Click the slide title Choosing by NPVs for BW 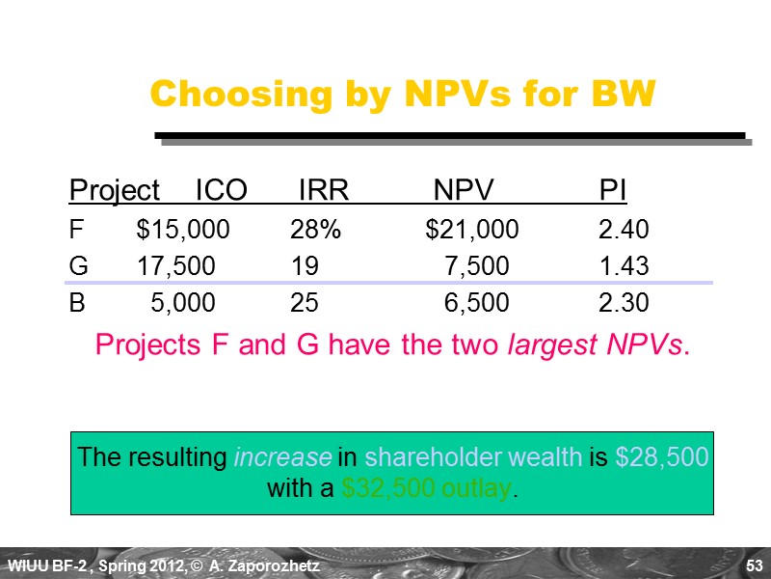403,95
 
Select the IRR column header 323,191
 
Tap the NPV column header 464,191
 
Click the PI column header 612,191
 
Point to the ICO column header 221,191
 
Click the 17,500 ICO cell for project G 175,266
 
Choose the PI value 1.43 624,266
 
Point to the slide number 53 754,564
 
